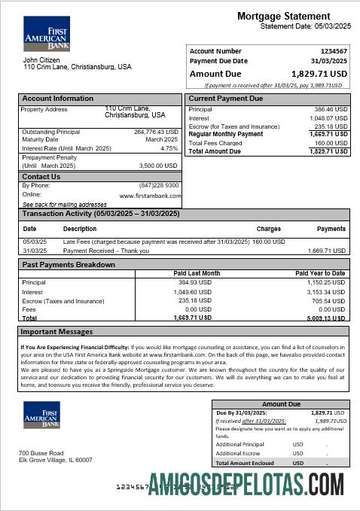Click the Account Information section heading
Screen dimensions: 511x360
(x=57, y=99)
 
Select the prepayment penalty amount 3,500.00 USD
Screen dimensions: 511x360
(x=159, y=165)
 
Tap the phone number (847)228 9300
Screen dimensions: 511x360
(x=159, y=185)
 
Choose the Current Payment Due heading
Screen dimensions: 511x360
(x=225, y=99)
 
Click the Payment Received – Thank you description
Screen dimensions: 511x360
(x=105, y=251)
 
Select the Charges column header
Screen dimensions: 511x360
(x=268, y=228)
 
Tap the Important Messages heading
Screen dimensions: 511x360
(x=56, y=331)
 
